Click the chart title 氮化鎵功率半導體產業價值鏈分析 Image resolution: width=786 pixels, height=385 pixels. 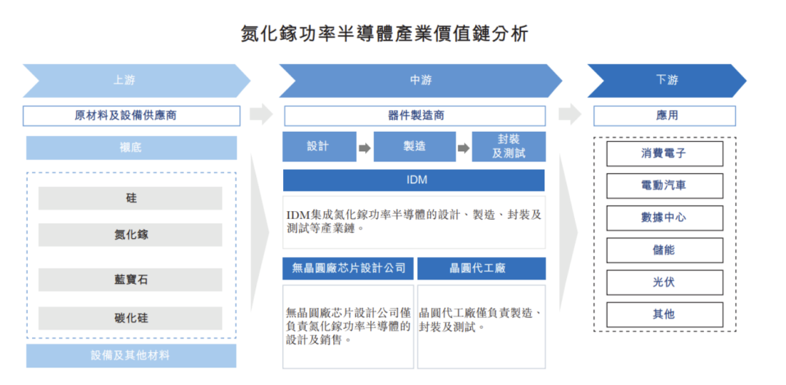pyautogui.click(x=384, y=33)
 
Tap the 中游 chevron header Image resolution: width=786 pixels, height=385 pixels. pyautogui.click(x=421, y=80)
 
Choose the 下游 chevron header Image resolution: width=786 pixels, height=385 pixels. pyautogui.click(x=667, y=80)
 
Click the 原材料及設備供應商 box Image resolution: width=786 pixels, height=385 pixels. pyautogui.click(x=131, y=116)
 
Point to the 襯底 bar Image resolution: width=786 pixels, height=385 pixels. pyautogui.click(x=131, y=148)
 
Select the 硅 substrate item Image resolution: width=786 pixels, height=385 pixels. pyautogui.click(x=130, y=199)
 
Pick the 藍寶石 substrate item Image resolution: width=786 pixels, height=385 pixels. pyautogui.click(x=130, y=279)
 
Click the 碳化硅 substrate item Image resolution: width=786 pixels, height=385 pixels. pyautogui.click(x=130, y=318)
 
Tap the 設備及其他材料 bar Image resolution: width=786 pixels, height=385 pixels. pyautogui.click(x=131, y=356)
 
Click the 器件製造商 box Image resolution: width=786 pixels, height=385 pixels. pyautogui.click(x=415, y=116)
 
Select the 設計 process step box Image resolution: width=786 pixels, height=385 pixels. pyautogui.click(x=319, y=147)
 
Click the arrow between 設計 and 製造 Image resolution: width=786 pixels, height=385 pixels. pyautogui.click(x=365, y=148)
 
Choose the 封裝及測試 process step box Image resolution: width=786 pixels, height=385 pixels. pyautogui.click(x=509, y=147)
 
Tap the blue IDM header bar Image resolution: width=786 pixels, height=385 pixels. pyautogui.click(x=414, y=180)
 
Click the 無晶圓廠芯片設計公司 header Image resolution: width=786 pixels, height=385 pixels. pyautogui.click(x=349, y=269)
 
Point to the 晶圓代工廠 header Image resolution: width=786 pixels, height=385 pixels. pyautogui.click(x=481, y=269)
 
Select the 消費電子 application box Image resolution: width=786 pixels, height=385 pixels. pyautogui.click(x=664, y=154)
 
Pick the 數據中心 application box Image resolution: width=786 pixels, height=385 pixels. pyautogui.click(x=664, y=218)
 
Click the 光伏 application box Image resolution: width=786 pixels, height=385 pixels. pyautogui.click(x=664, y=282)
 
